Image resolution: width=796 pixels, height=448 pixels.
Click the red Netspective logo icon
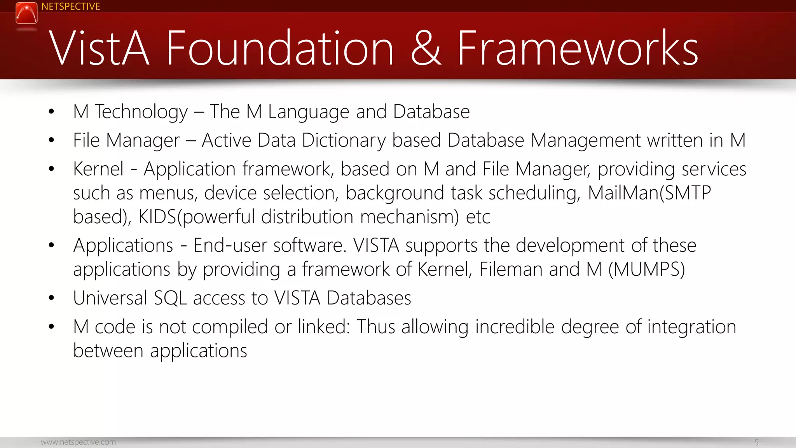pyautogui.click(x=26, y=13)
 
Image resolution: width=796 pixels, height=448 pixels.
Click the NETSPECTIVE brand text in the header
pyautogui.click(x=70, y=7)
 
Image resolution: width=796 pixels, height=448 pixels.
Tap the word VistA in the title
pyautogui.click(x=99, y=48)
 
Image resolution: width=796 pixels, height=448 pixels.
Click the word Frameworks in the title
pyautogui.click(x=578, y=48)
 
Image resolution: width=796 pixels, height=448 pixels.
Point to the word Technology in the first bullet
pyautogui.click(x=141, y=112)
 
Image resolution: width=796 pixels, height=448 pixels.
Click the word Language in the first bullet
pyautogui.click(x=309, y=112)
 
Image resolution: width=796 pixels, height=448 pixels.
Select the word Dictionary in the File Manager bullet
pyautogui.click(x=344, y=140)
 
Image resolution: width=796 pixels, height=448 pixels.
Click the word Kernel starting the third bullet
pyautogui.click(x=98, y=169)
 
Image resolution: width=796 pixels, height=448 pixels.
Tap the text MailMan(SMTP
pyautogui.click(x=649, y=193)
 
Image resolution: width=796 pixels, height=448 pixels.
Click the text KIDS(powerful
pyautogui.click(x=197, y=217)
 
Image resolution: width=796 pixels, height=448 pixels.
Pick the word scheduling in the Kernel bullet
pyautogui.click(x=534, y=193)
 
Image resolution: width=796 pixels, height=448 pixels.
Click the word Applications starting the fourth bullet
pyautogui.click(x=123, y=246)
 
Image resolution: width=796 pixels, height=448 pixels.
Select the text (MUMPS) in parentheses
pyautogui.click(x=646, y=269)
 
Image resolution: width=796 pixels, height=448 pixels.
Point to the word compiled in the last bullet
pyautogui.click(x=230, y=327)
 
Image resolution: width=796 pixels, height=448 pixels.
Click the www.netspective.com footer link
pyautogui.click(x=78, y=442)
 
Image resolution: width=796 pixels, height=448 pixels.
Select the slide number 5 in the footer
pyautogui.click(x=756, y=442)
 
